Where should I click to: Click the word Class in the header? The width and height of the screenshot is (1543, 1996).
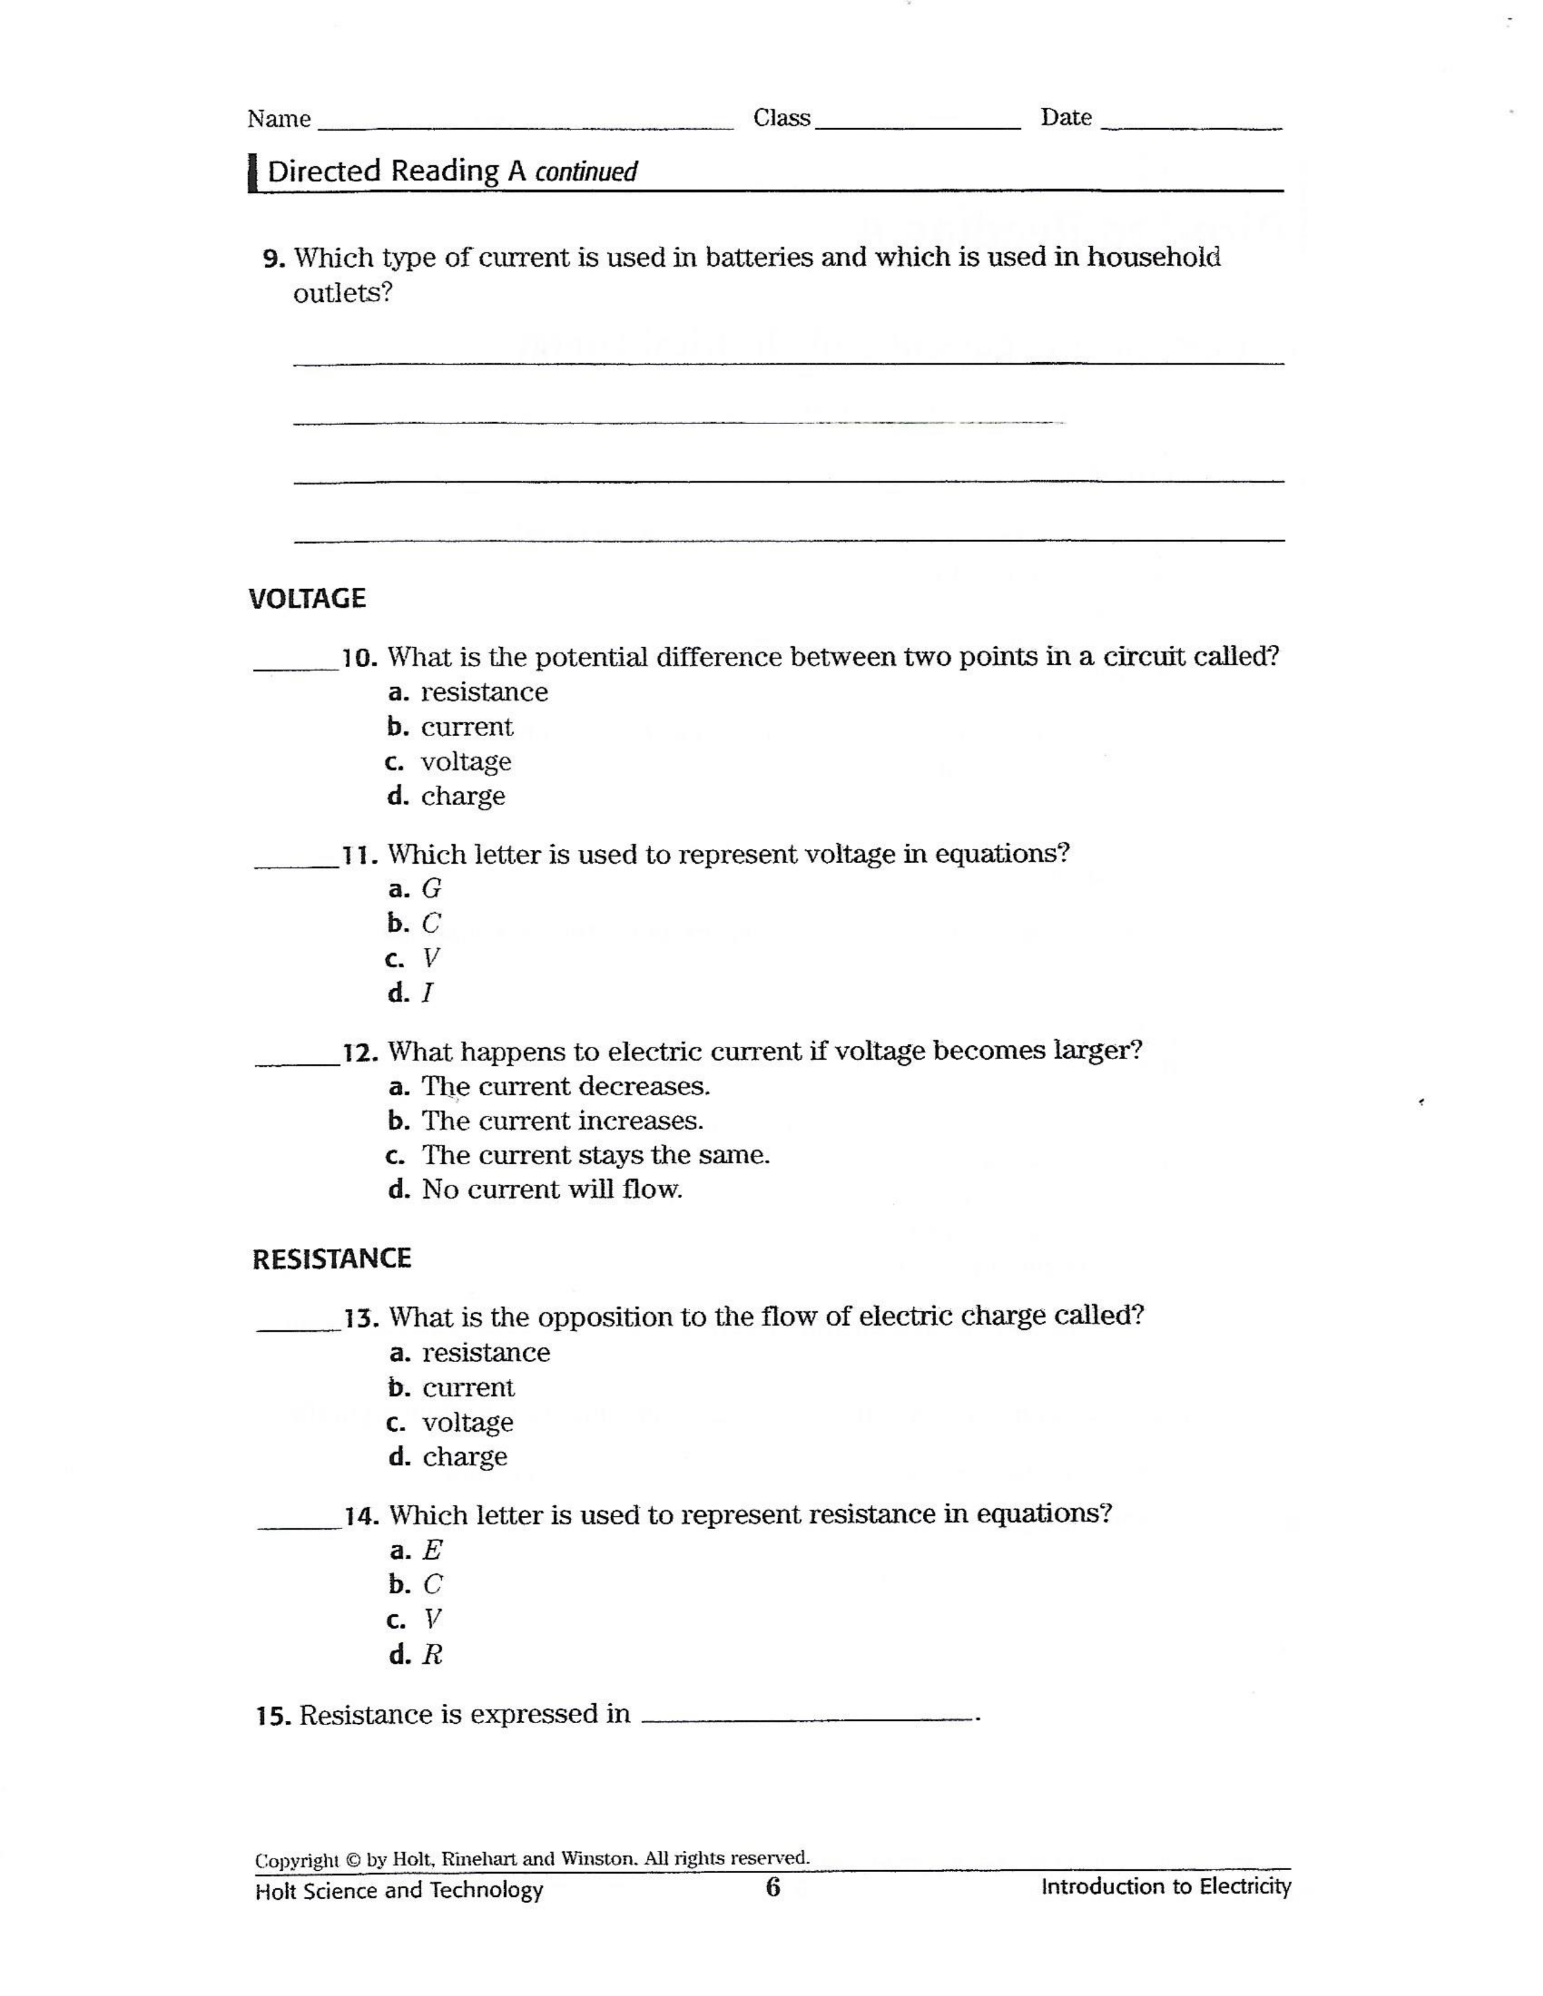tap(782, 118)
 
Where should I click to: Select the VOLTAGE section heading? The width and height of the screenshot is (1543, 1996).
tap(307, 599)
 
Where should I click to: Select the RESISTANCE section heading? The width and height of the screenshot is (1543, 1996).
tap(332, 1259)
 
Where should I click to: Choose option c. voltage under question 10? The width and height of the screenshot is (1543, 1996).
tap(465, 762)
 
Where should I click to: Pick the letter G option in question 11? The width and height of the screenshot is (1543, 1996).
tap(431, 889)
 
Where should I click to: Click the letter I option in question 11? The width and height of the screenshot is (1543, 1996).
tap(427, 993)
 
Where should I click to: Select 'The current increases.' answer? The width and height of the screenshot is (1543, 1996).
tap(562, 1120)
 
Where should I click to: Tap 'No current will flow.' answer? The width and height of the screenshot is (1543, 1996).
tap(551, 1190)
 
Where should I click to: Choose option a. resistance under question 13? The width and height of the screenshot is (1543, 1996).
tap(485, 1352)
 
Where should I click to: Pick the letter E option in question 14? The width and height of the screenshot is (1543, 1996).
tap(433, 1550)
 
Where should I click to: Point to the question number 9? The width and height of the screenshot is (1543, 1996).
tap(274, 259)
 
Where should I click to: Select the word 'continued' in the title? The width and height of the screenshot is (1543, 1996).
tap(586, 172)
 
